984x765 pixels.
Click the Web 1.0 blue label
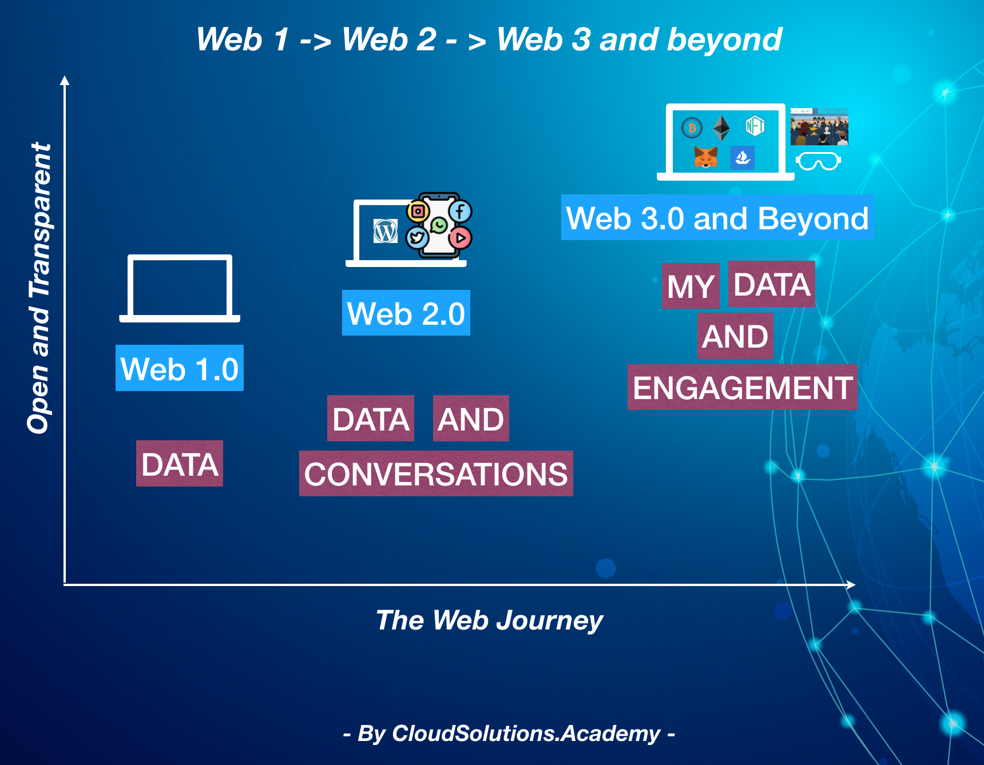(x=180, y=368)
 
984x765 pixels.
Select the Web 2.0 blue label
(x=406, y=313)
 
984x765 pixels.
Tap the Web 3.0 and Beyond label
(x=717, y=218)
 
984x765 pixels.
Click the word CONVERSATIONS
(x=435, y=473)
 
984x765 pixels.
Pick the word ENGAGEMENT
(x=742, y=388)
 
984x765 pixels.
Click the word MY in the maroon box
(x=690, y=286)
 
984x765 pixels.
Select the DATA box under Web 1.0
(x=180, y=464)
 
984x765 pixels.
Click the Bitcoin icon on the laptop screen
(x=692, y=127)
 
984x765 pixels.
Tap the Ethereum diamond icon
(x=721, y=127)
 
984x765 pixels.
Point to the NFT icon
(x=755, y=126)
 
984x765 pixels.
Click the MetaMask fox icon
(x=705, y=157)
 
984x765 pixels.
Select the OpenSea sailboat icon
(x=742, y=158)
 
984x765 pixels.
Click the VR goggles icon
(x=818, y=161)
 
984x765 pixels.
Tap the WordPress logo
(x=386, y=231)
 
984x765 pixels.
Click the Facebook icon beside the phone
(x=460, y=211)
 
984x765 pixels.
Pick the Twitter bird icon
(x=416, y=237)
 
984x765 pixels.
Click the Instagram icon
(x=418, y=212)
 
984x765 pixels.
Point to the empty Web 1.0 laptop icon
(x=180, y=288)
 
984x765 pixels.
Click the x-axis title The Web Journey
(x=489, y=620)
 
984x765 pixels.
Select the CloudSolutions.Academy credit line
(x=509, y=734)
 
